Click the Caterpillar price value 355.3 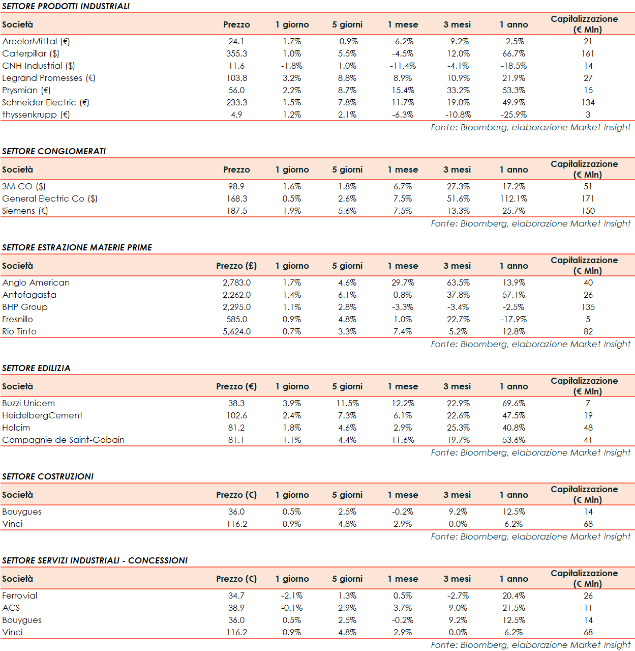tap(236, 53)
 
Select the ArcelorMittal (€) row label tap(36, 41)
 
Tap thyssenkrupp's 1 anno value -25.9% tap(513, 115)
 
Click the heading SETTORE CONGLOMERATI tap(54, 151)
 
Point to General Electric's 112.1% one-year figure tap(513, 199)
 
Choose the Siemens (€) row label tap(25, 211)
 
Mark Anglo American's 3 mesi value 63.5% tap(458, 282)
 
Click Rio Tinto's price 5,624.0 tap(236, 331)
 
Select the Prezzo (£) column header tap(236, 266)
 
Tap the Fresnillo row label tap(17, 319)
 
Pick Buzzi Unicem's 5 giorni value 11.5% tap(347, 403)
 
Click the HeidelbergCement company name tap(42, 415)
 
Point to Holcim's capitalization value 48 tap(588, 428)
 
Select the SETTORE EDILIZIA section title tap(36, 368)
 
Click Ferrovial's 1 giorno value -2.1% tap(292, 596)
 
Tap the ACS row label tap(11, 608)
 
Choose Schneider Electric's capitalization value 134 tap(588, 102)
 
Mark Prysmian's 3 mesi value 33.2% tap(458, 90)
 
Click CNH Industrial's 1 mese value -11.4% tap(403, 66)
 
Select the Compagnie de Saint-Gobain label tap(63, 440)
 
